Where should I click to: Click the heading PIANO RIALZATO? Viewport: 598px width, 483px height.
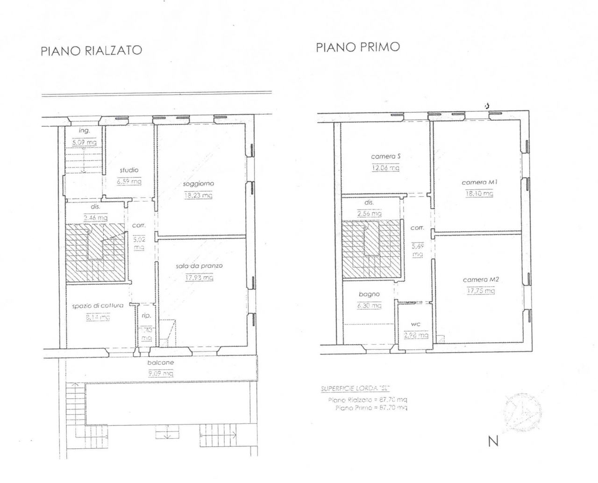pos(91,50)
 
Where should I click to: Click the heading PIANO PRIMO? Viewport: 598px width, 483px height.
pos(357,47)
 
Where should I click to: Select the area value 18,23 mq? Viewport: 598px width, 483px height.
pos(199,195)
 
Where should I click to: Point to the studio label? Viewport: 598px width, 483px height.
pos(129,170)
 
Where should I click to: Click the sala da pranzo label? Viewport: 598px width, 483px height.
pos(199,266)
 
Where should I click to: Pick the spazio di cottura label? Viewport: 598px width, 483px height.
pos(98,306)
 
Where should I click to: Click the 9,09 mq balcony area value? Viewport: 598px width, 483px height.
pos(161,373)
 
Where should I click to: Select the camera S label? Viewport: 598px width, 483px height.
pos(385,157)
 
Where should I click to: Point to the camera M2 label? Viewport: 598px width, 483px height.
pos(481,280)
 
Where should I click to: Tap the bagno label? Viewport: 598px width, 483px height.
pos(369,294)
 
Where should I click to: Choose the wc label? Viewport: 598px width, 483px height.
pos(416,324)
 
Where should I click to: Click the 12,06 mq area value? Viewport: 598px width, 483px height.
pos(385,168)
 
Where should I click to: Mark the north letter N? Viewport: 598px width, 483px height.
pos(493,441)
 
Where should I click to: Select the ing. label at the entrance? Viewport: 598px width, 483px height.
pos(84,131)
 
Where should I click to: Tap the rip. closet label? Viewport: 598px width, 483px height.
pos(146,316)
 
